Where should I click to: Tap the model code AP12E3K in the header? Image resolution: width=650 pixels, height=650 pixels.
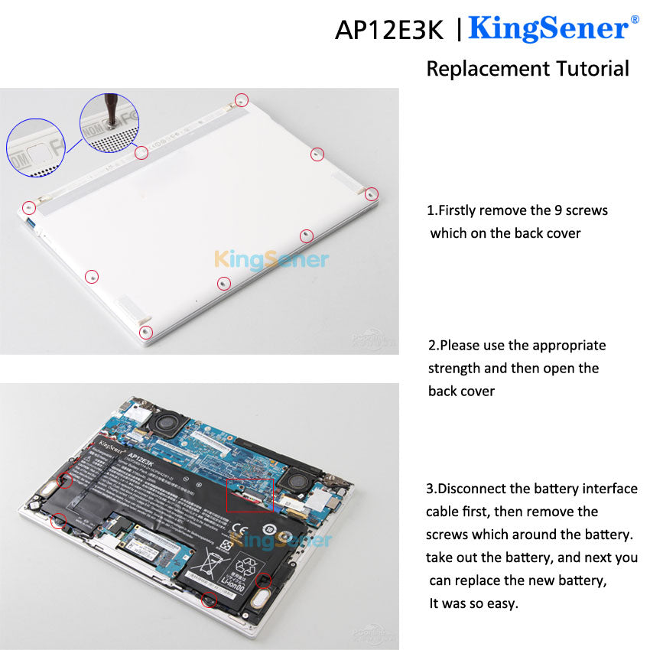[x=388, y=30]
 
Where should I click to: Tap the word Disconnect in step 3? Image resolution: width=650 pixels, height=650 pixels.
[x=477, y=489]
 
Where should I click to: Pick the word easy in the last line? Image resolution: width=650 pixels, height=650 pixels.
[x=501, y=603]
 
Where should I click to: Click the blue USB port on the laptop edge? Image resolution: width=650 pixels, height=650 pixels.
[x=31, y=223]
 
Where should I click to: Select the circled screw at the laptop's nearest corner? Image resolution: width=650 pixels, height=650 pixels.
[x=146, y=332]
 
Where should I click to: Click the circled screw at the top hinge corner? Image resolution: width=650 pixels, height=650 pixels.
[x=242, y=99]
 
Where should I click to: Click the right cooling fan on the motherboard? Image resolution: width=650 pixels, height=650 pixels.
[x=293, y=480]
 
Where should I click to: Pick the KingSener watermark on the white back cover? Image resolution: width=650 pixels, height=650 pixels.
[x=271, y=260]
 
